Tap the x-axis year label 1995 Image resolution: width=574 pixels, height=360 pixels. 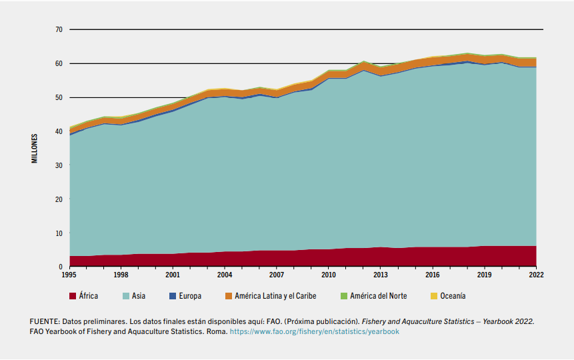69,274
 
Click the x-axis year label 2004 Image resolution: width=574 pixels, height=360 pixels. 224,274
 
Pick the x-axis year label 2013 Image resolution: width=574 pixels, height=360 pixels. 380,274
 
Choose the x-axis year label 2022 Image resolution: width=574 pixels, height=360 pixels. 536,274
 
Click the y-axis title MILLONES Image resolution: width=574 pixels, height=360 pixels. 34,148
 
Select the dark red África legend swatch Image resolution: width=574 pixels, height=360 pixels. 73,296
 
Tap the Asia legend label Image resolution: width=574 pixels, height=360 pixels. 139,296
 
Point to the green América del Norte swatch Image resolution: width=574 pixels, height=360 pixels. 344,296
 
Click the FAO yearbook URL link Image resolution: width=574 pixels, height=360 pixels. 315,331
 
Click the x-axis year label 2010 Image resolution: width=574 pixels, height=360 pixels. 328,274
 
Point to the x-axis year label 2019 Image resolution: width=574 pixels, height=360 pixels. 484,274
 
